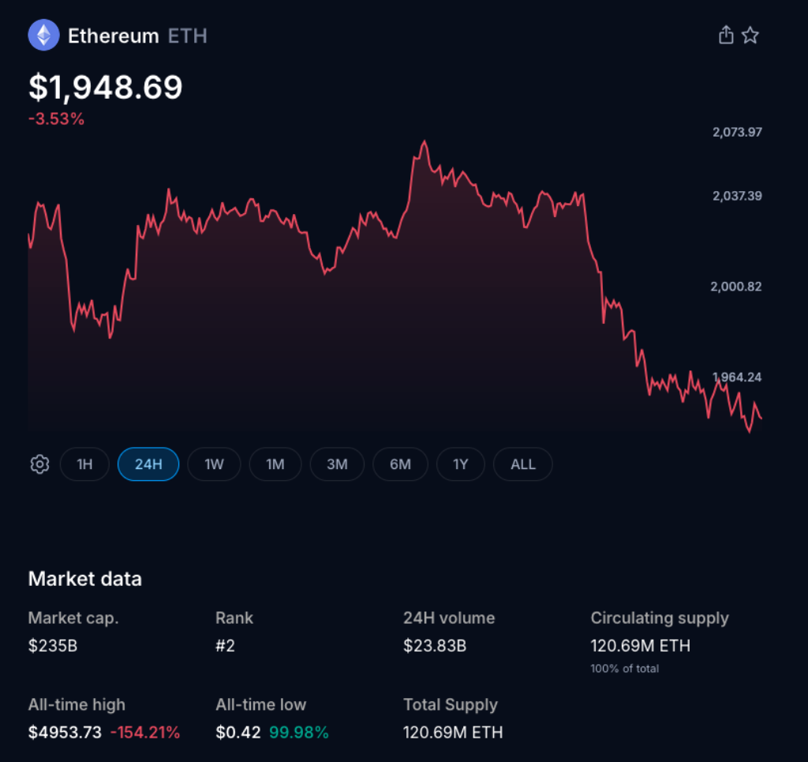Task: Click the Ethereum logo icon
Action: pos(43,36)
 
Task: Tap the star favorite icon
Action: pos(750,36)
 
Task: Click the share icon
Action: pos(726,36)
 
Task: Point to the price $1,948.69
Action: pos(106,88)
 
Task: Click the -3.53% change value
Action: pos(56,119)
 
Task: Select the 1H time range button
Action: pos(84,464)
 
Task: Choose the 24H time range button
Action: pos(148,464)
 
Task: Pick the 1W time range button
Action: pos(214,464)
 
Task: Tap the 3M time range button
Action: pos(337,464)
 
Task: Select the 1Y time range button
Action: pos(461,464)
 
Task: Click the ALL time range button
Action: pos(522,464)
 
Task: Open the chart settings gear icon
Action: pos(39,464)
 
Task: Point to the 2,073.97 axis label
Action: pos(737,132)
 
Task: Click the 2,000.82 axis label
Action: pos(736,287)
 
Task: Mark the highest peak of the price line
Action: pos(425,142)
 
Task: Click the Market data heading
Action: pos(85,579)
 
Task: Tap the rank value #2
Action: pos(225,646)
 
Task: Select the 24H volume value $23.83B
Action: pos(435,646)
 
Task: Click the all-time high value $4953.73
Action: pos(65,732)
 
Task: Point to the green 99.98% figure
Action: pos(299,732)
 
